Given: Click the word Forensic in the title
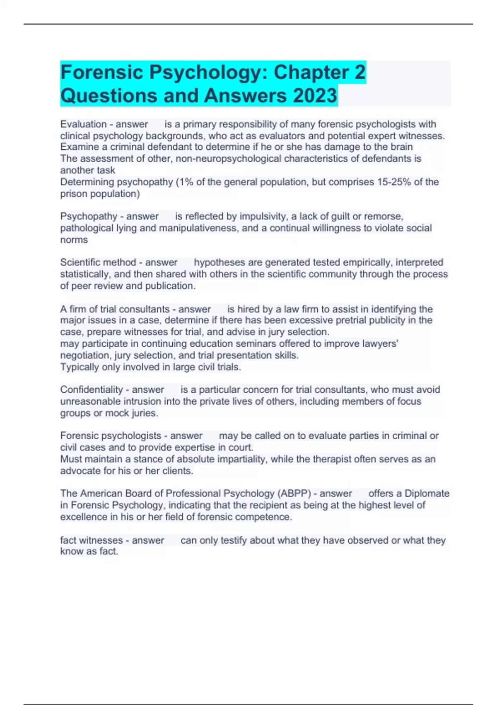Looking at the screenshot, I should point(102,73).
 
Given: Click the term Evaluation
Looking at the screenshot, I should point(83,124).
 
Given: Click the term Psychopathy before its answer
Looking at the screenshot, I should point(89,216).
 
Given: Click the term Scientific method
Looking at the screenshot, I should point(98,263).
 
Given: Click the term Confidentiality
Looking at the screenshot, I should point(91,390).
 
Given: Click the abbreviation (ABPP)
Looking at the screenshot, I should point(294,494).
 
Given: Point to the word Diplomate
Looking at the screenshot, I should point(427,494).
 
